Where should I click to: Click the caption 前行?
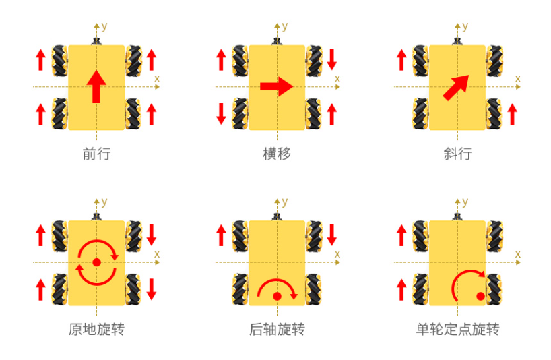click(x=96, y=154)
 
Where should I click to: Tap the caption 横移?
click(x=277, y=154)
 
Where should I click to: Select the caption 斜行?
click(x=457, y=154)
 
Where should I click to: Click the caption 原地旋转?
click(x=96, y=330)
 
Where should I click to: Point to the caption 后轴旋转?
click(x=277, y=330)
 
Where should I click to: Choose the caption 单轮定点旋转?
click(x=457, y=330)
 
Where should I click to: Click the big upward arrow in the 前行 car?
click(x=96, y=86)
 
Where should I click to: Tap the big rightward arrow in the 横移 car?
click(x=277, y=86)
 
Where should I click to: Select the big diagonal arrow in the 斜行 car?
click(x=456, y=88)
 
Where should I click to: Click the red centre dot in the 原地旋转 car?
click(x=96, y=262)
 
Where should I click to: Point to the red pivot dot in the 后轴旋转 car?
click(x=277, y=297)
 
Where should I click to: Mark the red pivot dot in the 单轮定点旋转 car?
click(x=480, y=297)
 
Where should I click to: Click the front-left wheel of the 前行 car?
click(x=60, y=61)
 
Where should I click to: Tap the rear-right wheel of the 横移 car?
click(x=313, y=113)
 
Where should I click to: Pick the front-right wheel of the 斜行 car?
click(x=494, y=61)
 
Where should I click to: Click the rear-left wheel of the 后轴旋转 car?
click(x=240, y=289)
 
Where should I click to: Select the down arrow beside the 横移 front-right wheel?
click(x=331, y=59)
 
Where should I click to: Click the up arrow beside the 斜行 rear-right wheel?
click(x=513, y=114)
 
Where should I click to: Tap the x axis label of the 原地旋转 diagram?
click(x=157, y=254)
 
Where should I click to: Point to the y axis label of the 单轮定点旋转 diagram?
click(x=465, y=202)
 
